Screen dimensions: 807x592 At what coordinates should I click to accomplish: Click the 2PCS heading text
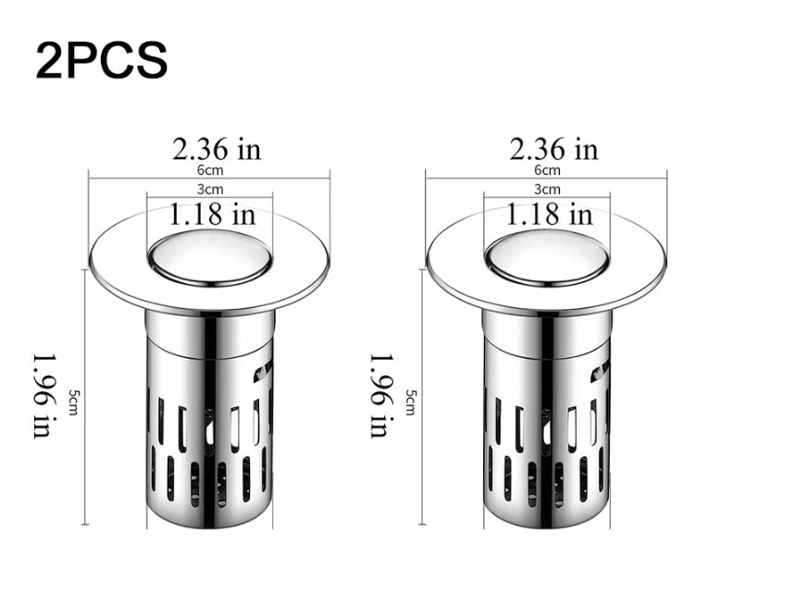click(x=102, y=60)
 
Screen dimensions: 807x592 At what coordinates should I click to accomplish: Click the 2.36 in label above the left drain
click(x=217, y=150)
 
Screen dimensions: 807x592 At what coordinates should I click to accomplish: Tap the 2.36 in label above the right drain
click(x=553, y=150)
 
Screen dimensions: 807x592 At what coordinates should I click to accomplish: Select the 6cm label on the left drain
click(x=210, y=169)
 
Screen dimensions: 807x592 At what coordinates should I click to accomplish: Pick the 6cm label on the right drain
click(x=547, y=169)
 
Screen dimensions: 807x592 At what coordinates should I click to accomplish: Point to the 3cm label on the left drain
click(x=210, y=190)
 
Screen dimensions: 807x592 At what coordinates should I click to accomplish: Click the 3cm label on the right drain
click(x=547, y=190)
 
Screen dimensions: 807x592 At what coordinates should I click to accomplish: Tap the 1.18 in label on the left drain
click(x=213, y=214)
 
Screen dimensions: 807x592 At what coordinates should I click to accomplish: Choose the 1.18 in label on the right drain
click(x=550, y=214)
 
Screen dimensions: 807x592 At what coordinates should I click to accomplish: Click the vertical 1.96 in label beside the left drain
click(x=43, y=396)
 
